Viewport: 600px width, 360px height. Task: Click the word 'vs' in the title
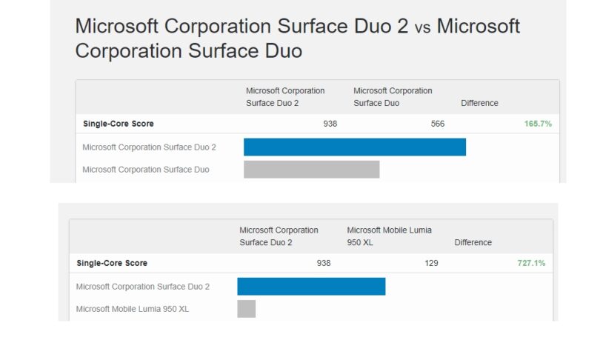click(x=422, y=28)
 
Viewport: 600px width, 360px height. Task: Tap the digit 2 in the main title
click(x=401, y=27)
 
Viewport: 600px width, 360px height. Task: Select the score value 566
click(x=438, y=124)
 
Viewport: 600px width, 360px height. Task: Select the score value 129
click(x=431, y=263)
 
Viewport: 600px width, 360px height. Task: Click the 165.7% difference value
click(x=538, y=124)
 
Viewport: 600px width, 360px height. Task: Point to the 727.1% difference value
click(x=531, y=263)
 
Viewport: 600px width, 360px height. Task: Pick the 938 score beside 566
click(x=330, y=124)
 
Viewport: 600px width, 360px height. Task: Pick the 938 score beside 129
click(x=324, y=263)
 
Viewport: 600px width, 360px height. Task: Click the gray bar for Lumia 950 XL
click(x=246, y=309)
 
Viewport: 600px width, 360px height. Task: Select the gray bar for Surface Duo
click(x=311, y=170)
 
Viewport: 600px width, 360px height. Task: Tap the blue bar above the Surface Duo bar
click(x=354, y=147)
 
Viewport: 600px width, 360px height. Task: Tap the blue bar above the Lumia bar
click(x=311, y=287)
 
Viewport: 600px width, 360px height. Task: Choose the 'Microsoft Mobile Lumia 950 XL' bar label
click(x=133, y=309)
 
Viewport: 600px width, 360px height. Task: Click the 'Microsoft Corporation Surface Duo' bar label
click(x=146, y=170)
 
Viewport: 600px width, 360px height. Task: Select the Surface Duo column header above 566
click(x=393, y=97)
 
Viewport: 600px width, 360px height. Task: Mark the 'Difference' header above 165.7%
click(x=479, y=103)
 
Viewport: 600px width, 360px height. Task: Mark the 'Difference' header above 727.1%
click(x=473, y=242)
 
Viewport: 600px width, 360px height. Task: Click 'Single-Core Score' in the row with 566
click(x=119, y=124)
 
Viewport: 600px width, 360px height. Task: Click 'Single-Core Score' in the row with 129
click(x=112, y=263)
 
